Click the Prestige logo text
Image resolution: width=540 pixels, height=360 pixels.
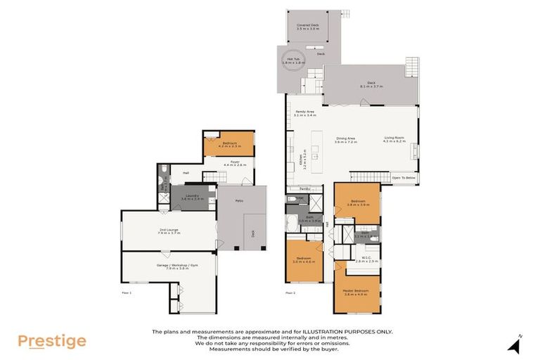pos(51,342)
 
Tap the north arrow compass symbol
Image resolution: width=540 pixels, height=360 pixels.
pos(515,345)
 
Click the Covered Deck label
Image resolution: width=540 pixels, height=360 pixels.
pos(308,27)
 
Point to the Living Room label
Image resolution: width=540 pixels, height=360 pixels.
pos(394,139)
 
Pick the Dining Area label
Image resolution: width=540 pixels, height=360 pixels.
pos(345,139)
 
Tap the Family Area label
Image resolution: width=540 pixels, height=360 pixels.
pos(305,113)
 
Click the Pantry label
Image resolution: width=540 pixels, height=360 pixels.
pos(304,188)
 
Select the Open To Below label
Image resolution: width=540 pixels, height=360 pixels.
pos(404,178)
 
